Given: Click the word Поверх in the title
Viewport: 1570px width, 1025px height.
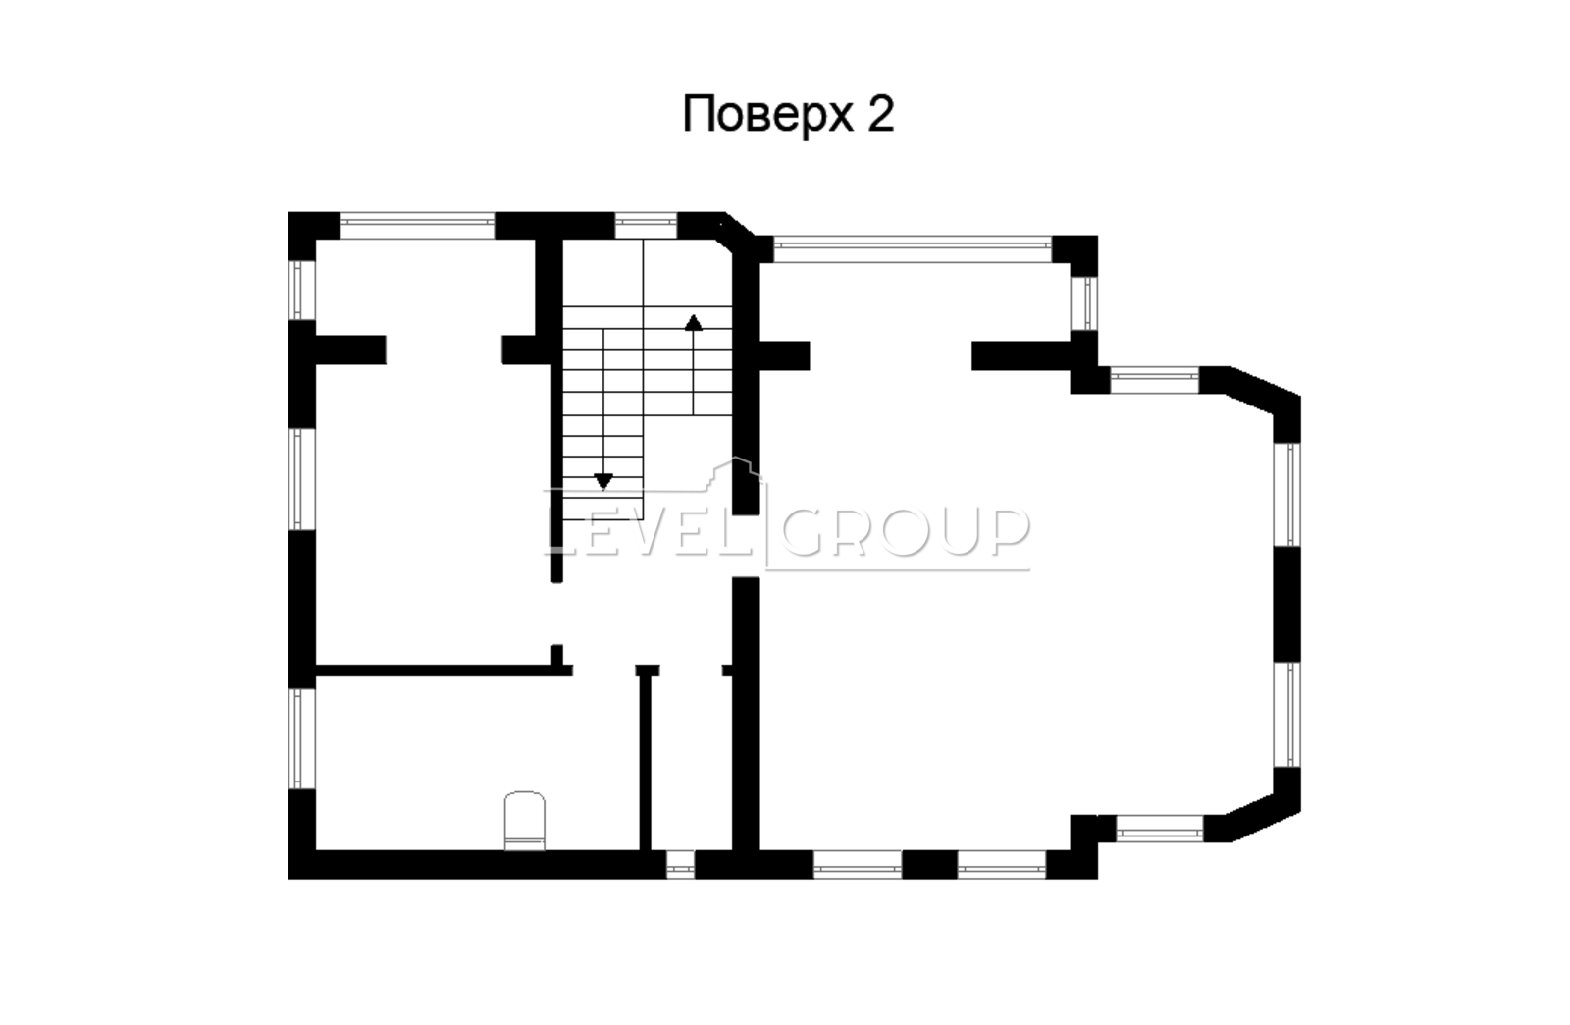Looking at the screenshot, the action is (x=768, y=114).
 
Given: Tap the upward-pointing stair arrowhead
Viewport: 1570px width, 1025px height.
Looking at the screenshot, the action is (x=693, y=322).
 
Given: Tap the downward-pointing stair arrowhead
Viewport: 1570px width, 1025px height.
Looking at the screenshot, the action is (x=603, y=481).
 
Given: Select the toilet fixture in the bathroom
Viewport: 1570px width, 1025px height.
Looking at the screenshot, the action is (x=525, y=820).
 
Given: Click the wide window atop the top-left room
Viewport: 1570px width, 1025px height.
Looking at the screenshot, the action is (x=418, y=226).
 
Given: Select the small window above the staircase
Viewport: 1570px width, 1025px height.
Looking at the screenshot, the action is (x=646, y=226).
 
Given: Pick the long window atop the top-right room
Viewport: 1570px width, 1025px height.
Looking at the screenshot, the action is (x=913, y=249).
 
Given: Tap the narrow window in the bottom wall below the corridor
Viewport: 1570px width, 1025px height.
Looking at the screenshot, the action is (x=680, y=864).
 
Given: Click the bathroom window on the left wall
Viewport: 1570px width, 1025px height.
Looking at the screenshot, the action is (x=302, y=738).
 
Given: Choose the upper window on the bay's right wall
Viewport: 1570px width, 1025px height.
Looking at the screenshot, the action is (x=1286, y=494).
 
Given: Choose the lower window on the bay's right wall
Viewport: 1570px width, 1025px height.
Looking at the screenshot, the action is (x=1286, y=714).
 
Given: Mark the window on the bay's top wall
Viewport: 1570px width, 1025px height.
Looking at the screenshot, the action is (x=1154, y=380).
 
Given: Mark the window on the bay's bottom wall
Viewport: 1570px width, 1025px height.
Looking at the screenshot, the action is (x=1159, y=828).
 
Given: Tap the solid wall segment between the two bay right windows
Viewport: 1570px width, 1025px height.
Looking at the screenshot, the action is (x=1286, y=605).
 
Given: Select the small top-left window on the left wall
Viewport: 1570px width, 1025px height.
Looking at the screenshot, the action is (x=302, y=291).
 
